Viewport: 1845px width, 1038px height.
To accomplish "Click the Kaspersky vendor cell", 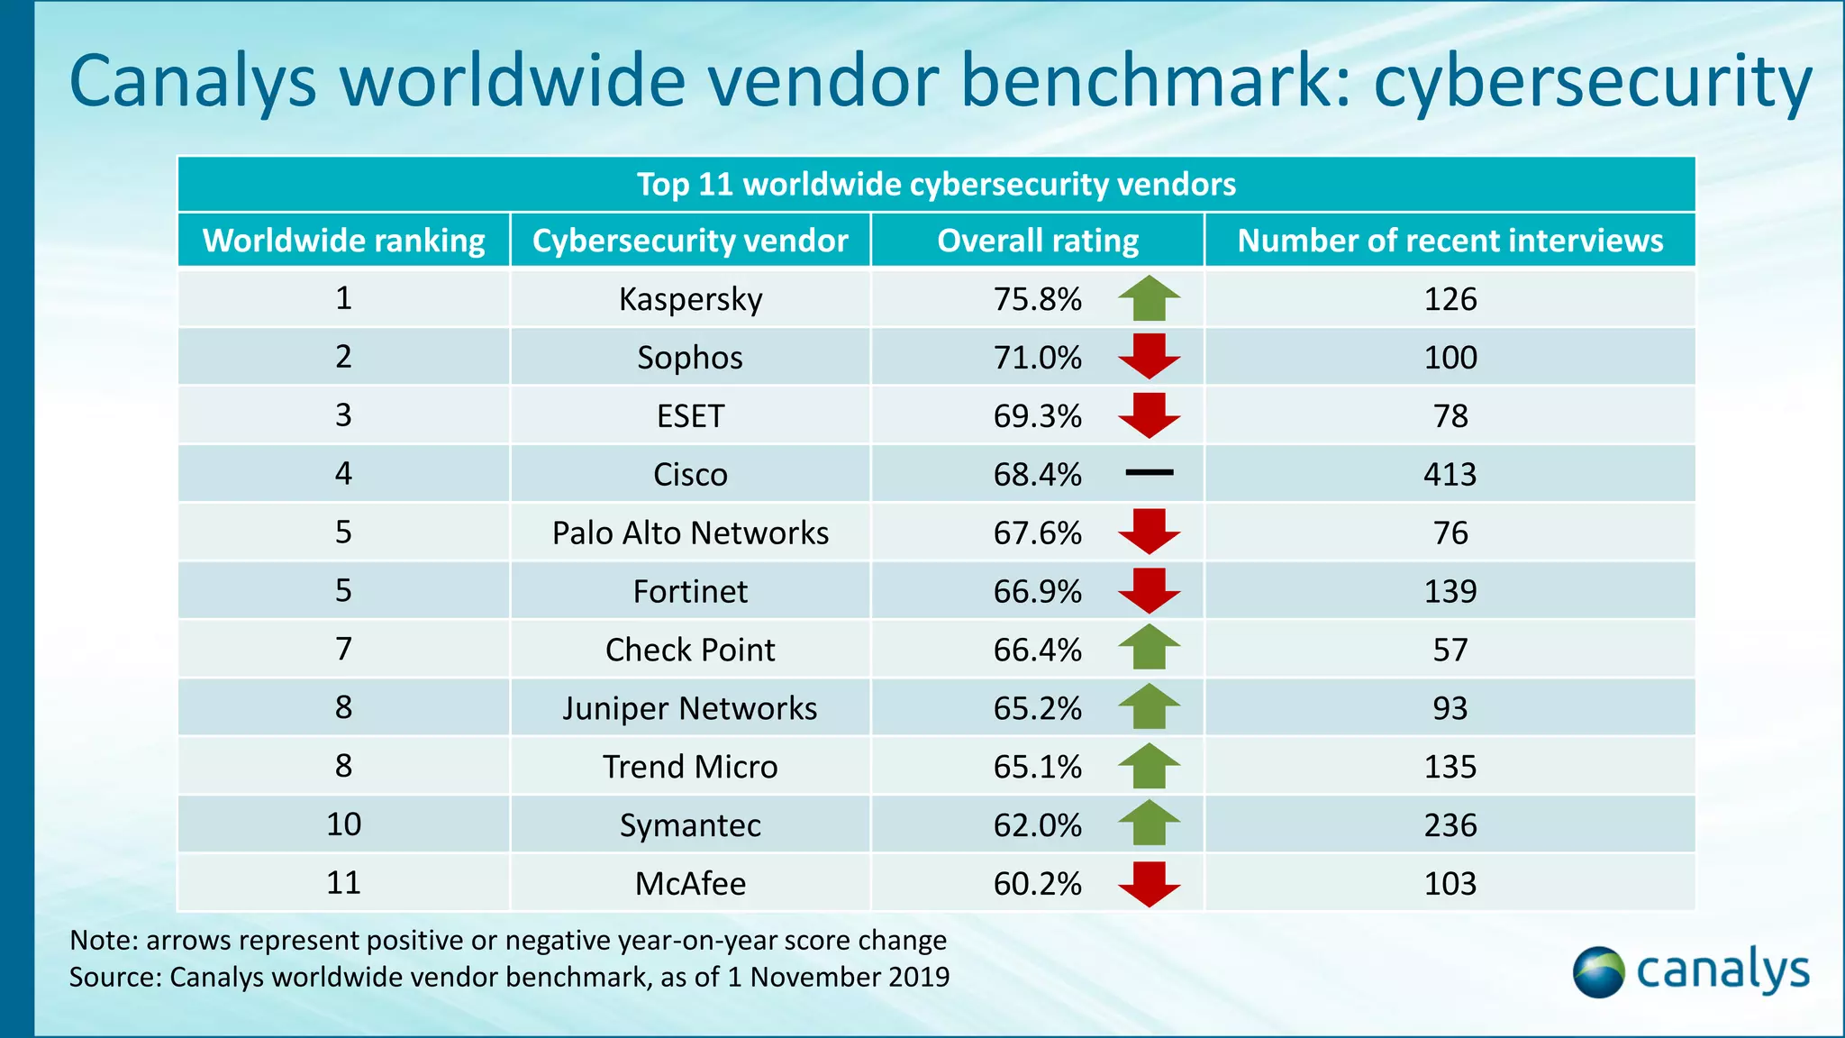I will [x=690, y=299].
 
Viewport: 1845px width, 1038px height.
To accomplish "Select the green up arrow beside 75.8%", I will [x=1149, y=299].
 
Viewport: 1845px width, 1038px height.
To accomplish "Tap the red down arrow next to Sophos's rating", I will [x=1149, y=357].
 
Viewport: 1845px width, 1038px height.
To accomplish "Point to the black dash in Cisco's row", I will [x=1149, y=472].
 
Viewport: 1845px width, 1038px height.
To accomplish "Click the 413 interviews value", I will [x=1450, y=474].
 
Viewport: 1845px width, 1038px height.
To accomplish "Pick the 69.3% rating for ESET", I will [x=1037, y=416].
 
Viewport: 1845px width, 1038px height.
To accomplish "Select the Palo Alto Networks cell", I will [x=690, y=533].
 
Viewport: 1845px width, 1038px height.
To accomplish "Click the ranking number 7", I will [x=343, y=649].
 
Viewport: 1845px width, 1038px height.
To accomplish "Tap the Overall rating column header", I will [x=1037, y=241].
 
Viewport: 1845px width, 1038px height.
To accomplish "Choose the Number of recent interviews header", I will [x=1450, y=241].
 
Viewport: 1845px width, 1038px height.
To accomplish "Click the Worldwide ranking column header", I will [x=343, y=241].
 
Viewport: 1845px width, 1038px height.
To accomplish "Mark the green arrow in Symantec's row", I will [x=1149, y=823].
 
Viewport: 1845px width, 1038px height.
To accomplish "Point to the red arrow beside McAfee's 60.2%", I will [x=1149, y=884].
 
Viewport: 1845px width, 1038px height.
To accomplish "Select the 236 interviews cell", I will [x=1450, y=825].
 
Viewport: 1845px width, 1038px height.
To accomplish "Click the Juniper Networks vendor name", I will [x=690, y=708].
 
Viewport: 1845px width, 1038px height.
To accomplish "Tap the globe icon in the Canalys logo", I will [x=1598, y=972].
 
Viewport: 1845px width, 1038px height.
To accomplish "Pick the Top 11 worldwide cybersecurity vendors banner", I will [x=936, y=185].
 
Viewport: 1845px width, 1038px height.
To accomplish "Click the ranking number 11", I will [x=343, y=883].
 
